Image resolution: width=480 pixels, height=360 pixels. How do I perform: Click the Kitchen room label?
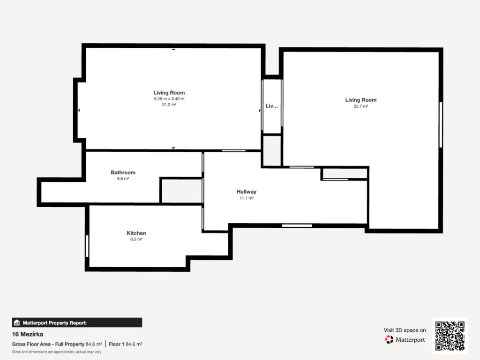tap(136, 233)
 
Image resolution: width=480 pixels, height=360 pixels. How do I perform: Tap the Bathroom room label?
tap(123, 172)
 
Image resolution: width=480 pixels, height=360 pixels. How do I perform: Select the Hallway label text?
tap(247, 192)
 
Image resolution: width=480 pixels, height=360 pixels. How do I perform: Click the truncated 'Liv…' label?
tap(272, 106)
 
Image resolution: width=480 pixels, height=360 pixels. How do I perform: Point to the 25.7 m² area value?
tap(361, 106)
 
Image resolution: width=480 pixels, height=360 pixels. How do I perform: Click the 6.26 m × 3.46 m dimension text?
tap(169, 99)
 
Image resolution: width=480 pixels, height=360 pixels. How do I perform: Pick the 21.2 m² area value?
tap(169, 105)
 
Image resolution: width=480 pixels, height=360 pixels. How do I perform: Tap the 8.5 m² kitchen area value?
tap(136, 239)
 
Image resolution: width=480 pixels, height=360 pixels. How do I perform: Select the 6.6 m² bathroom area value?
tap(123, 179)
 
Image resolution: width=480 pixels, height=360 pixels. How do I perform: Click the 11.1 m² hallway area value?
tap(247, 198)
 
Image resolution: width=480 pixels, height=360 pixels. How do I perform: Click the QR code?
tap(450, 336)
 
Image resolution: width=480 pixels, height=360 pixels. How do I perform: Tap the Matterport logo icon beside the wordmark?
tap(389, 339)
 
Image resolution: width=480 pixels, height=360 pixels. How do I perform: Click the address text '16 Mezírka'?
tap(28, 334)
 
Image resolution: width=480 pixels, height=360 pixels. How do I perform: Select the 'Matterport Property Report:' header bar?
tap(77, 322)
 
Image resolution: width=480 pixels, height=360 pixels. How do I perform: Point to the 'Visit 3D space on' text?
tap(405, 330)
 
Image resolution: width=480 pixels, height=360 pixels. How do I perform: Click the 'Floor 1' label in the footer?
tap(116, 344)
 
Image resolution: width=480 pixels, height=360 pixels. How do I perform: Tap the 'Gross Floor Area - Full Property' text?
tap(48, 344)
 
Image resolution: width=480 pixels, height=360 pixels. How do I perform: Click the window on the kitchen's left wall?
tap(87, 246)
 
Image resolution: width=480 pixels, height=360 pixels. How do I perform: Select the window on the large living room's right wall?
tap(441, 125)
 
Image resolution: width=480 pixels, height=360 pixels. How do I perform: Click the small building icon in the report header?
tap(17, 322)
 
